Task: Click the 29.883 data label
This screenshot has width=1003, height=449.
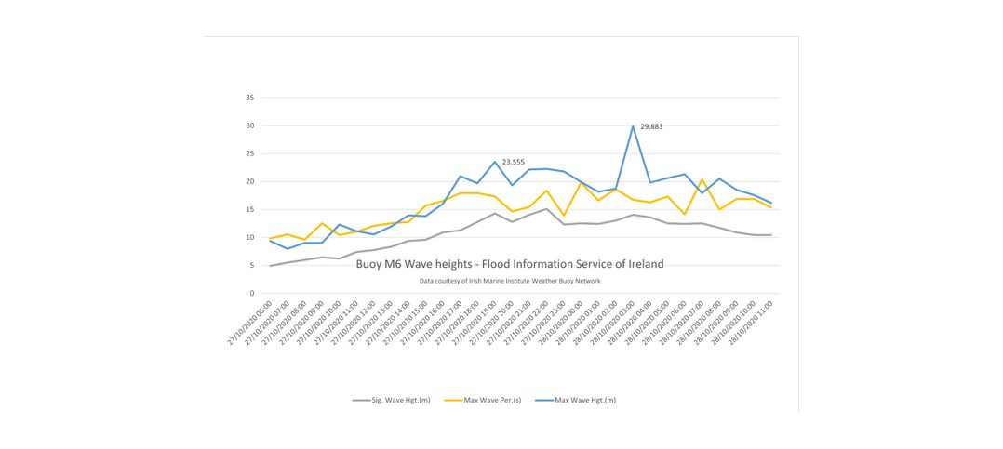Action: pos(651,126)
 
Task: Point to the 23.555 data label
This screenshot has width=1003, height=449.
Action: pos(514,162)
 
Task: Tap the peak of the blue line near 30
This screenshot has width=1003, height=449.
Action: pos(633,126)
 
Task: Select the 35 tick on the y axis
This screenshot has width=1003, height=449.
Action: pos(250,98)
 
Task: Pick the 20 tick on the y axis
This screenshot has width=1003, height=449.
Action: pos(250,181)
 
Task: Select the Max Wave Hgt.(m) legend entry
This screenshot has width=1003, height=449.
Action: pos(583,400)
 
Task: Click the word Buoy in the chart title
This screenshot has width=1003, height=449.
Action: pos(369,264)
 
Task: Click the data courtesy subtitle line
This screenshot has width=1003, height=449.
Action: pos(510,281)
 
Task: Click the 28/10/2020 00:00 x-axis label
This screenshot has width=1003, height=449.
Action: pos(563,324)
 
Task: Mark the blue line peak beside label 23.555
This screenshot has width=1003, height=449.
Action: pos(495,162)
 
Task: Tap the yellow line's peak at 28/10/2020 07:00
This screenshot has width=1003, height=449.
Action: pos(702,179)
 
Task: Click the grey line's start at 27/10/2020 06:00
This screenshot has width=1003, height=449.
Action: pos(270,266)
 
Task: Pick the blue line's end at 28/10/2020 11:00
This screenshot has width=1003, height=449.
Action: pos(771,204)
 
